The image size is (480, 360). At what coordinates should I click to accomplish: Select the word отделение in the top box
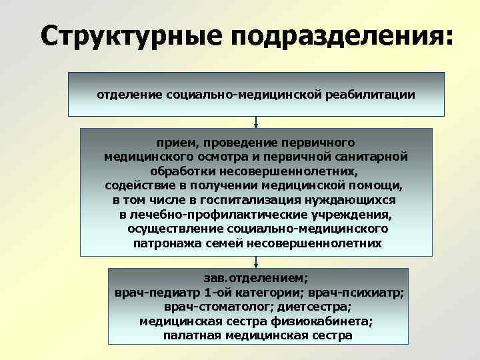(x=123, y=95)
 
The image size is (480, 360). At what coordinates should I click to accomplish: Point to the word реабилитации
(x=370, y=95)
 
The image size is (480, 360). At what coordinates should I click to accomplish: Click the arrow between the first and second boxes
(x=256, y=122)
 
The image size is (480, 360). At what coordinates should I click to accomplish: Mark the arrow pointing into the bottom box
(x=256, y=263)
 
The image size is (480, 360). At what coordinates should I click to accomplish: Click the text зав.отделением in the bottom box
(x=256, y=278)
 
